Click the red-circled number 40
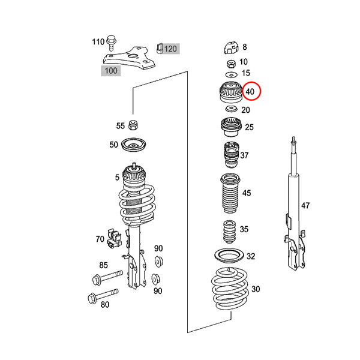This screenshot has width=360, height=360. click(250, 92)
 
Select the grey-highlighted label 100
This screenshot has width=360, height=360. click(111, 70)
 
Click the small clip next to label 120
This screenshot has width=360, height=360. click(160, 48)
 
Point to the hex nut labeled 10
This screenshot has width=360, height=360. click(231, 64)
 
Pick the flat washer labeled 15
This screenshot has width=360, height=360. click(231, 75)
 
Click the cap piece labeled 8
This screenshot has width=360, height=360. click(232, 48)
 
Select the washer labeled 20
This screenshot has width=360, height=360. click(232, 109)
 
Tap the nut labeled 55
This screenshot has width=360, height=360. click(133, 125)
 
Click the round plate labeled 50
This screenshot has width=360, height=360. click(133, 145)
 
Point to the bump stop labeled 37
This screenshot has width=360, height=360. click(232, 155)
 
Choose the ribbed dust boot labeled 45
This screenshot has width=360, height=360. click(230, 193)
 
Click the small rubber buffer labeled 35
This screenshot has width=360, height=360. click(229, 232)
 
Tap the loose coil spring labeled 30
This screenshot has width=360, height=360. click(230, 289)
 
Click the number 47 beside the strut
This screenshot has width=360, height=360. click(305, 205)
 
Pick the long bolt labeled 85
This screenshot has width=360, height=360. click(107, 278)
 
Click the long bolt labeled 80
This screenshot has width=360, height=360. click(103, 296)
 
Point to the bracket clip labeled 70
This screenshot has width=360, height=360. click(114, 238)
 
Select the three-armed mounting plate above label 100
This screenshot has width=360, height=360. click(129, 58)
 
